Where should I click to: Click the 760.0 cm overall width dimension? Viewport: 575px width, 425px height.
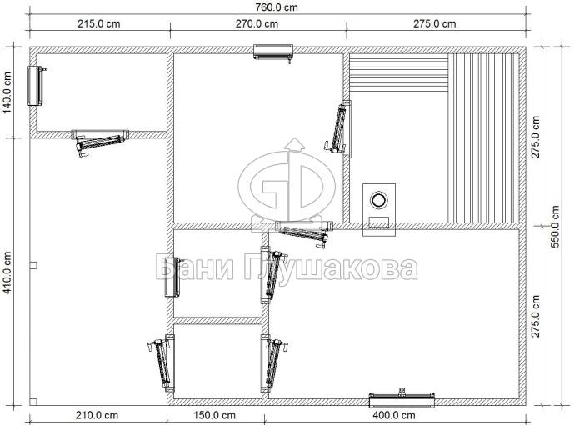[x=277, y=7]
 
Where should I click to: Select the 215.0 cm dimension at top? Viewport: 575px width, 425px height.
[x=98, y=24]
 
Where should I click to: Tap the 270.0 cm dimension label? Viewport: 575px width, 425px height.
[x=257, y=24]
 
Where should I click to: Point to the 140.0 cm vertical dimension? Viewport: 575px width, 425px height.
[x=7, y=92]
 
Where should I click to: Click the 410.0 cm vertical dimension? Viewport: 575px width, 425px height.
[x=7, y=272]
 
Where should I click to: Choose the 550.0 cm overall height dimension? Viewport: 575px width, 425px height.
[x=555, y=227]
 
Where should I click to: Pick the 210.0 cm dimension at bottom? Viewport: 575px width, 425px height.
[x=97, y=416]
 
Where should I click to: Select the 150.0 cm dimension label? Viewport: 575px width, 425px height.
[x=214, y=416]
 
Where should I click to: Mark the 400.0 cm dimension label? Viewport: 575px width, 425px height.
[x=394, y=416]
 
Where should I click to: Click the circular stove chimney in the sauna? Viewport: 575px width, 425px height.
[x=379, y=200]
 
